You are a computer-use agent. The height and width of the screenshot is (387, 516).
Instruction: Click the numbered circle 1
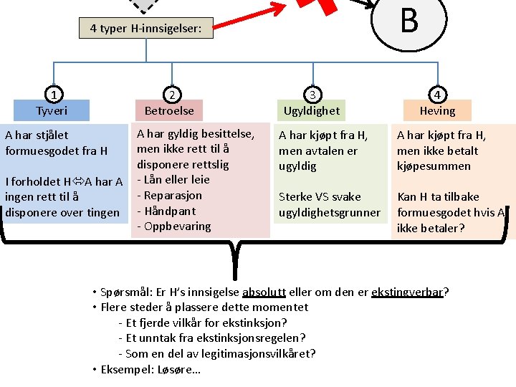coord(52,94)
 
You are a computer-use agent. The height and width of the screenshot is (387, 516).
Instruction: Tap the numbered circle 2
coord(171,94)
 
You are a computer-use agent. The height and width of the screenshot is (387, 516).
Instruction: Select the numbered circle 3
coord(312,94)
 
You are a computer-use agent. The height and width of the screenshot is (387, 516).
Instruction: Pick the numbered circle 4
coord(437,94)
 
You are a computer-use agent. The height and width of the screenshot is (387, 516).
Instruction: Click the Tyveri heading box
coord(52,111)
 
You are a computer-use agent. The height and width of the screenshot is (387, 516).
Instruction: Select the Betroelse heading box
coord(169,111)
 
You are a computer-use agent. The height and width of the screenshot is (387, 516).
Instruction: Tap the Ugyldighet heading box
coord(312,111)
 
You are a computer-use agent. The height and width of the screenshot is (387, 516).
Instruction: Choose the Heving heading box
coord(437,111)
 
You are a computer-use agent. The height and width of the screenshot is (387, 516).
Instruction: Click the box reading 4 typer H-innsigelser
coord(145,29)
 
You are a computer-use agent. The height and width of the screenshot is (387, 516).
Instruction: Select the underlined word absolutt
coord(264,292)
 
